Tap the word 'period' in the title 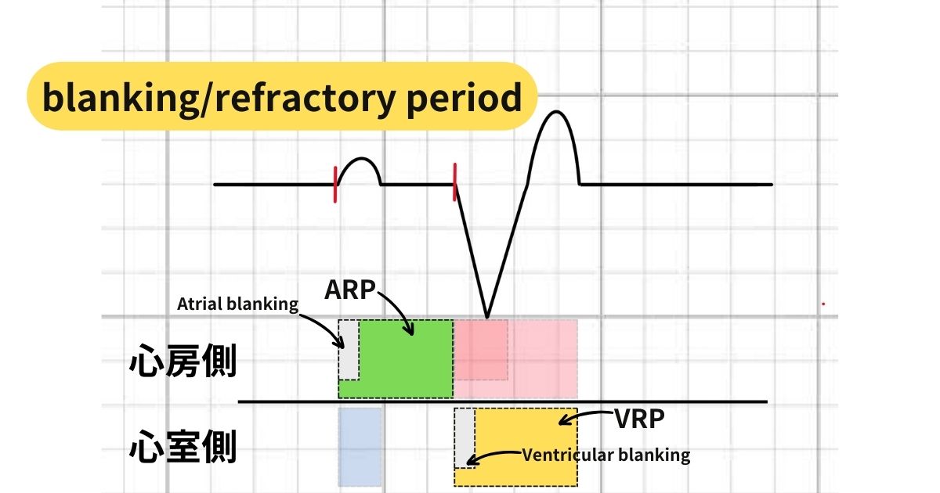coord(474,99)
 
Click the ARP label coord(351,290)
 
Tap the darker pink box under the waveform coord(481,349)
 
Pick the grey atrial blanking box coord(348,348)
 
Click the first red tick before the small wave coord(335,185)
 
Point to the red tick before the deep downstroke coord(454,182)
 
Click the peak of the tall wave coord(556,112)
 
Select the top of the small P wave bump coord(360,159)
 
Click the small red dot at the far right coord(823,304)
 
